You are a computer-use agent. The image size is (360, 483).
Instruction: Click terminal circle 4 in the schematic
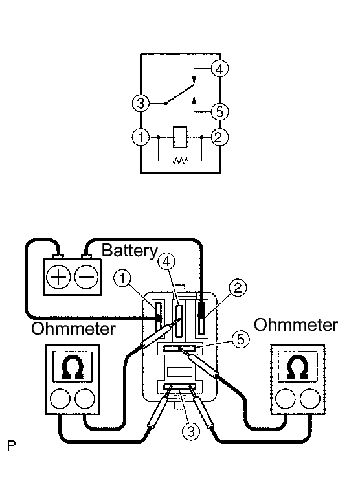pyautogui.click(x=219, y=69)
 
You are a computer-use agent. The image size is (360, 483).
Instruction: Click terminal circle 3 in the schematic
pyautogui.click(x=141, y=103)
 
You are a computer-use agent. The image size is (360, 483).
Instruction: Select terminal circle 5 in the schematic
pyautogui.click(x=219, y=111)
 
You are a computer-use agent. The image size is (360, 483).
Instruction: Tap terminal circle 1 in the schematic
pyautogui.click(x=141, y=137)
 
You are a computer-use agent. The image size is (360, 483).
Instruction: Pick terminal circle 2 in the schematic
pyautogui.click(x=219, y=137)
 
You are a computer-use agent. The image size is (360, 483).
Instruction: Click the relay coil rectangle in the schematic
pyautogui.click(x=180, y=137)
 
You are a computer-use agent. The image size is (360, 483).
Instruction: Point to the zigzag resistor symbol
pyautogui.click(x=180, y=161)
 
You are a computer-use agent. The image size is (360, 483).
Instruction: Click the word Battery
pyautogui.click(x=129, y=251)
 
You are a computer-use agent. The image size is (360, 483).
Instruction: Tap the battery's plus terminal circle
pyautogui.click(x=58, y=277)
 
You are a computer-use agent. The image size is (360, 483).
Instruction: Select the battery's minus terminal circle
pyautogui.click(x=87, y=277)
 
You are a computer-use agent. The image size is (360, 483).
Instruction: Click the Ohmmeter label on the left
pyautogui.click(x=73, y=329)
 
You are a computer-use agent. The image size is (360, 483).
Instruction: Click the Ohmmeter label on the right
pyautogui.click(x=296, y=325)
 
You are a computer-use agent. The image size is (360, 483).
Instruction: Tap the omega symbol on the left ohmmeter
pyautogui.click(x=73, y=367)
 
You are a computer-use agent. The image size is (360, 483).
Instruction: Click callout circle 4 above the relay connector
pyautogui.click(x=166, y=262)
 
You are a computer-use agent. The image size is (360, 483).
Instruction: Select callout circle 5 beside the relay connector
pyautogui.click(x=240, y=339)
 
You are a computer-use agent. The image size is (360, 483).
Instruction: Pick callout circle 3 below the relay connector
pyautogui.click(x=191, y=431)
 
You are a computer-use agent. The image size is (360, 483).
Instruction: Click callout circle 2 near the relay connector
pyautogui.click(x=238, y=287)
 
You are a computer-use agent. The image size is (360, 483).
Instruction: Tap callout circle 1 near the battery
pyautogui.click(x=122, y=278)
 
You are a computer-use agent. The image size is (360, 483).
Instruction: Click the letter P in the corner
pyautogui.click(x=12, y=445)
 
